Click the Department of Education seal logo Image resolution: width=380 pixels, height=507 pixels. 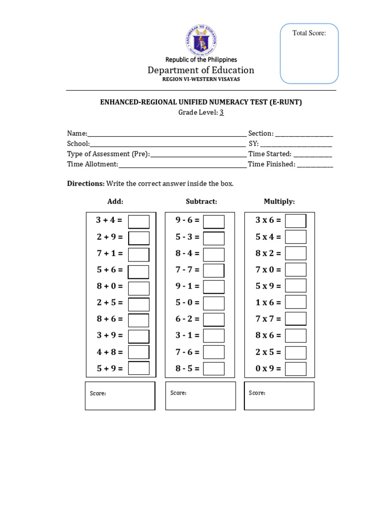pos(201,39)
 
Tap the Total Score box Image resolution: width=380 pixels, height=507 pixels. pos(309,53)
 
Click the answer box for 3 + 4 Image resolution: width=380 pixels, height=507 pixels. pos(139,221)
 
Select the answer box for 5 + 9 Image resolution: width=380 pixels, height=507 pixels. pos(139,368)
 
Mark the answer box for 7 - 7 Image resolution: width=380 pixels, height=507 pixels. pos(214,270)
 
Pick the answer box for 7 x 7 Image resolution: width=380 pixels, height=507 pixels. pos(295,319)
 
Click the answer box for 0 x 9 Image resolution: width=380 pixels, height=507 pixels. pos(295,368)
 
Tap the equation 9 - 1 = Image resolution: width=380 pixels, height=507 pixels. pos(188,286)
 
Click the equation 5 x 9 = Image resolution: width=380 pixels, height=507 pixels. pos(268,286)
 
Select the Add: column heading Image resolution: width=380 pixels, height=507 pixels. pos(115,202)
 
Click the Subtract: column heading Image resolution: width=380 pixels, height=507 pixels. pos(201,202)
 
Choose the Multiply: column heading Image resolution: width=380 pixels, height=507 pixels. pos(279,202)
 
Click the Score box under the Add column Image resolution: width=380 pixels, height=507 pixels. pos(120,396)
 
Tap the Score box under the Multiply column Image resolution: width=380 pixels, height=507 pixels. pos(279,396)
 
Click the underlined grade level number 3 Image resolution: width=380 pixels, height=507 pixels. pos(222,112)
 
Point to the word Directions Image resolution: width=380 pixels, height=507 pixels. pos(86,184)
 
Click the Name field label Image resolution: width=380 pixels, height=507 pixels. pos(77,134)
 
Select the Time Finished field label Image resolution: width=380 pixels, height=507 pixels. pos(271,164)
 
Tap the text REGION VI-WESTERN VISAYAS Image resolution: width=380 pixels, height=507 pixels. pos(201,80)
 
